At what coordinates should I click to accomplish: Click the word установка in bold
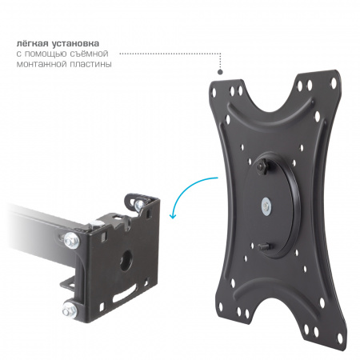pos(76,44)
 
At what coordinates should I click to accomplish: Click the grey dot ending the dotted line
pos(220,72)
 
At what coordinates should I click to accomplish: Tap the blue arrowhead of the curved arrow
pos(174,215)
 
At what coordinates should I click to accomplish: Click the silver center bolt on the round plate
pos(266,206)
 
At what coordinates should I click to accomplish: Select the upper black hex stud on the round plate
pos(262,167)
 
